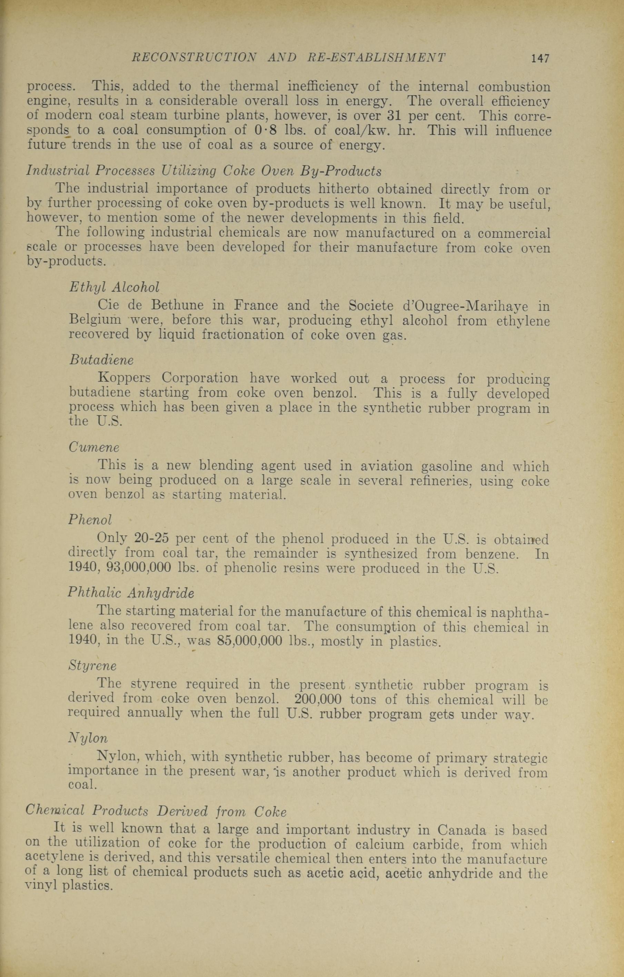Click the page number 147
[x=540, y=58]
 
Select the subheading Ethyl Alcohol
[x=114, y=287]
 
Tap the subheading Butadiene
[x=101, y=360]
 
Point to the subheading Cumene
[x=94, y=447]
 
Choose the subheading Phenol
[x=90, y=520]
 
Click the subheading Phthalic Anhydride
[x=131, y=593]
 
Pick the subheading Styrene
[x=92, y=666]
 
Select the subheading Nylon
[x=88, y=738]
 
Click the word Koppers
[x=125, y=378]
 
